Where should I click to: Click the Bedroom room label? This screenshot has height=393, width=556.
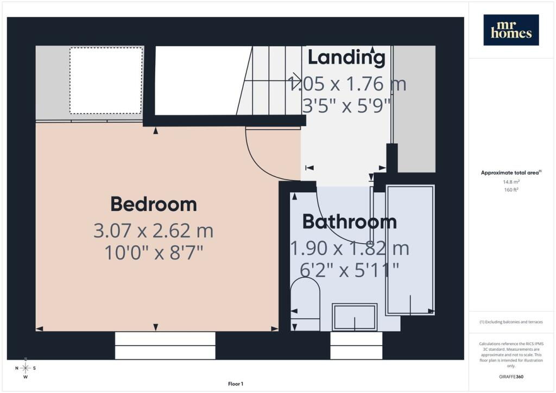154,204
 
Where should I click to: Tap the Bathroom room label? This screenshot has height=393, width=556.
349,222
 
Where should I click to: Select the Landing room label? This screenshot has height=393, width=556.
346,58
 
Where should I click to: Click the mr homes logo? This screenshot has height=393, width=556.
511,30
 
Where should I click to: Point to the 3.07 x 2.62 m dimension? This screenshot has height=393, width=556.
154,231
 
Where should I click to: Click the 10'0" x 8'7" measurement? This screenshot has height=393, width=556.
154,253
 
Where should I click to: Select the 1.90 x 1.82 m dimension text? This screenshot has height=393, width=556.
350,248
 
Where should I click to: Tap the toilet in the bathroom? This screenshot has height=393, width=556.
305,303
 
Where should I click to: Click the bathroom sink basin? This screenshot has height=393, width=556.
355,317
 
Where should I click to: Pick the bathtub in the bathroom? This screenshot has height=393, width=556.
410,250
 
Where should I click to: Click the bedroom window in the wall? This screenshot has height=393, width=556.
165,346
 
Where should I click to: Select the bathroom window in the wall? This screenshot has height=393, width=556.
356,346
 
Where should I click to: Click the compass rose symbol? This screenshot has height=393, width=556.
26,368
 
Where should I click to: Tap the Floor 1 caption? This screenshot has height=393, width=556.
236,384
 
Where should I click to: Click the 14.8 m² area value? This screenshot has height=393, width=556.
511,182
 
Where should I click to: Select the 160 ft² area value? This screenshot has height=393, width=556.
511,189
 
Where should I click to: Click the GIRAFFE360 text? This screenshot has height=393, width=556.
511,377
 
